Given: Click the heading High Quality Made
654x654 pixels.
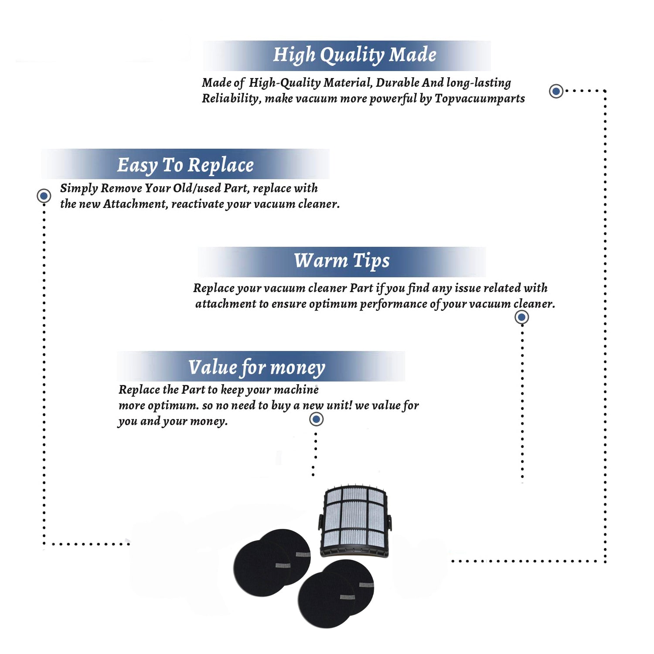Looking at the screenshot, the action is (354, 55).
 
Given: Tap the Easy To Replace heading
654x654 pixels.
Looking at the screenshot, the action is (185, 165).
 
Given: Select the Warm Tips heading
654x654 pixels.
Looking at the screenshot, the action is (342, 261).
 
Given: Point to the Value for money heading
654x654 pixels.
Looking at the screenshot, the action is (257, 368).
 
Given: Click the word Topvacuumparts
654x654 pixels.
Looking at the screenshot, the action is (480, 99).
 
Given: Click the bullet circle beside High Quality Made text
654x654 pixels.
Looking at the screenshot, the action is (556, 91).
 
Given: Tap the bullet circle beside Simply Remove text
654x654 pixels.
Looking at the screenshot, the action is (44, 196).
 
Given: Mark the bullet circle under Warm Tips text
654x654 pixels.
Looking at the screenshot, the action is (521, 317).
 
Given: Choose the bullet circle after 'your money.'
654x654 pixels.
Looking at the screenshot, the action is (316, 419).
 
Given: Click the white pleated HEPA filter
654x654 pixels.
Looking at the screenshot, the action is (355, 521).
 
